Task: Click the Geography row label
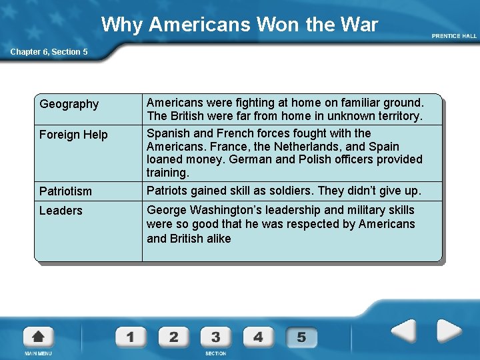69,104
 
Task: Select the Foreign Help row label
73,135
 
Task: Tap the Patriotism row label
65,191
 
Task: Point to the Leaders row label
61,211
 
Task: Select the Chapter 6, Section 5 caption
48,52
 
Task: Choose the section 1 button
130,337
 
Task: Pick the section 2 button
173,337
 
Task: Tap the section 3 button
216,337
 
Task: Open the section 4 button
259,337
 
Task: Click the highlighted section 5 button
301,337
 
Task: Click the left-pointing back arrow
403,331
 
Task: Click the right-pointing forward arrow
448,331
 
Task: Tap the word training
168,173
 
